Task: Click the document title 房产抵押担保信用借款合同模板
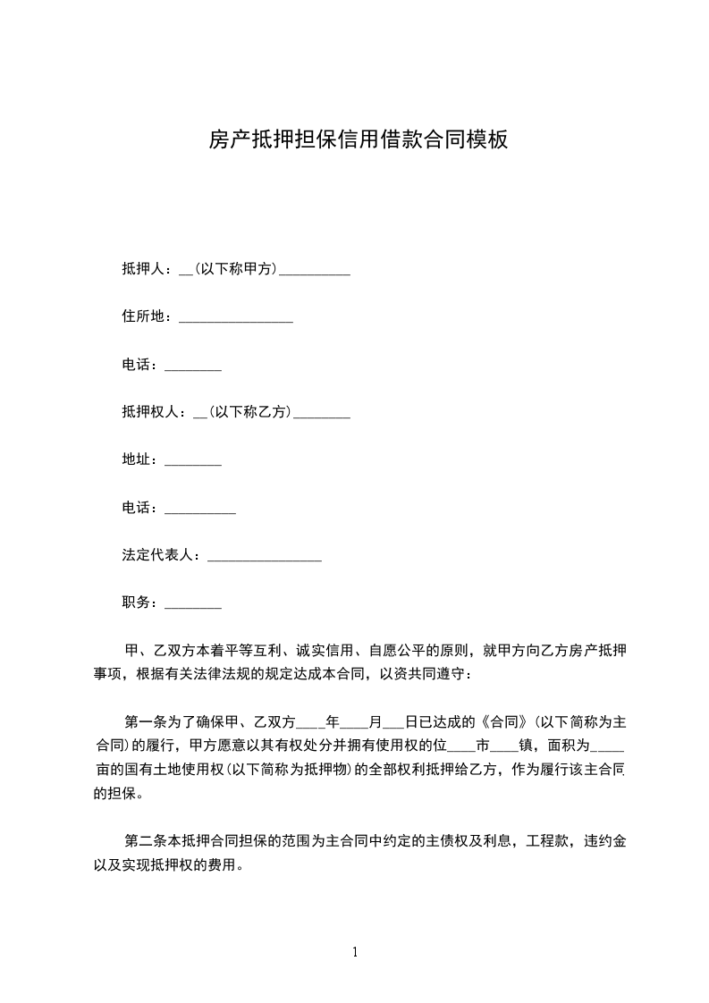click(358, 139)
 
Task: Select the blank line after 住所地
click(236, 318)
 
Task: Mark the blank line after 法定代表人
click(264, 558)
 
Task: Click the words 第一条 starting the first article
click(143, 721)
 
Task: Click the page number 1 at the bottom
click(355, 952)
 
